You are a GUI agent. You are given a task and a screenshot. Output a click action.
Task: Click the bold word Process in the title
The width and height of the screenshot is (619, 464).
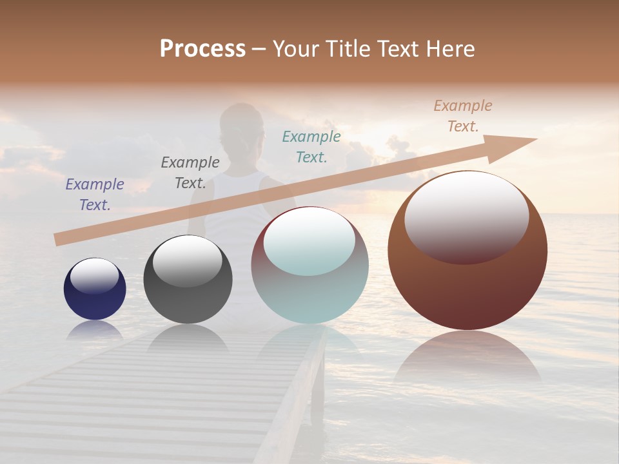(x=202, y=48)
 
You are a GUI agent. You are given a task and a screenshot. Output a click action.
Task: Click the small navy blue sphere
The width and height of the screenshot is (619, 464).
(x=95, y=303)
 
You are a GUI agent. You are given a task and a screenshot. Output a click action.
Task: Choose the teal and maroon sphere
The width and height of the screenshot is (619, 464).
(x=309, y=296)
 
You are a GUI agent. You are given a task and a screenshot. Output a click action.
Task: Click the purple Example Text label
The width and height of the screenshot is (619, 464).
(x=95, y=194)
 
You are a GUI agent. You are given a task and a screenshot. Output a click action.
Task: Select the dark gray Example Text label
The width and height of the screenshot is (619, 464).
(x=190, y=172)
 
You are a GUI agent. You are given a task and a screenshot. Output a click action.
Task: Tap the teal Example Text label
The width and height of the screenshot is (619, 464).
(x=311, y=146)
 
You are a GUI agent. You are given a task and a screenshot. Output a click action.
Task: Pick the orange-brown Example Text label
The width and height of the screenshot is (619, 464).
(x=463, y=115)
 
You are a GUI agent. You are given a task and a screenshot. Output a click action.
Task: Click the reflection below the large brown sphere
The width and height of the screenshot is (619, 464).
(x=467, y=358)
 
